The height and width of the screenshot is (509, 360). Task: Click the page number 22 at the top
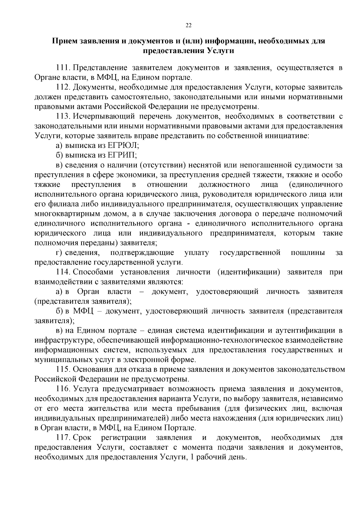[x=188, y=25]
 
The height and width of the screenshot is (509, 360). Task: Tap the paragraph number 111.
[x=63, y=68]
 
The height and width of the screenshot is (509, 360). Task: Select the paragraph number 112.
[x=63, y=87]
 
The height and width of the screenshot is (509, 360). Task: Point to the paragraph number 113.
[x=63, y=116]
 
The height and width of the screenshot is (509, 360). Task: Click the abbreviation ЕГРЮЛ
[x=123, y=145]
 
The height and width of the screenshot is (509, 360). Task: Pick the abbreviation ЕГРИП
[x=122, y=155]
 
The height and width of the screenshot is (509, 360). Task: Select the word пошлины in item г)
[x=308, y=253]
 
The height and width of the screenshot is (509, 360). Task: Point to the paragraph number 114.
[x=63, y=272]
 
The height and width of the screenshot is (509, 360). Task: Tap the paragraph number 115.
[x=63, y=370]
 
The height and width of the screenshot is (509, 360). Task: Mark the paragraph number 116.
[x=63, y=389]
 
